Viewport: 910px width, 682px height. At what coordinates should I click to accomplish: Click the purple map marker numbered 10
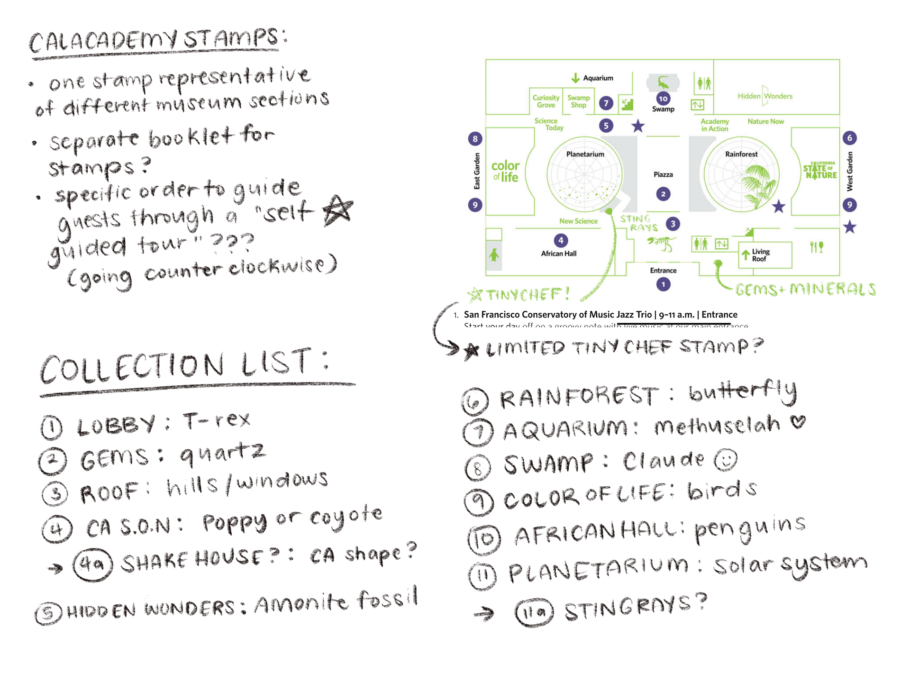[663, 99]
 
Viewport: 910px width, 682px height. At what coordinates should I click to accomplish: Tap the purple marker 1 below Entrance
[663, 284]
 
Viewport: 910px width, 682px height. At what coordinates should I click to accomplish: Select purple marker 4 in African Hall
[561, 240]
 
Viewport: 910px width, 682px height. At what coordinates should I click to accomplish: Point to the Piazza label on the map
[663, 174]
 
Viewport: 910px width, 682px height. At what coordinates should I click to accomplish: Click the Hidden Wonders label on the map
[764, 96]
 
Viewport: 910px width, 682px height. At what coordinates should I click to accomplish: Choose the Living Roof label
[760, 255]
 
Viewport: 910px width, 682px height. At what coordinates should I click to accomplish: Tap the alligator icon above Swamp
[663, 83]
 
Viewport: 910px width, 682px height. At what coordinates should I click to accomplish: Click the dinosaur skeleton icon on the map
[663, 244]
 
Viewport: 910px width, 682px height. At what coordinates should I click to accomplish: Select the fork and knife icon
[816, 246]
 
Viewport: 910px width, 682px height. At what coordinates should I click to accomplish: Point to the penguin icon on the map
[494, 255]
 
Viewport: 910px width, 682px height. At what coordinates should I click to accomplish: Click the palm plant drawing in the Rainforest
[758, 185]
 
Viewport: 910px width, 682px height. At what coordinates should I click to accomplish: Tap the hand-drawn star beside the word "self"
[338, 210]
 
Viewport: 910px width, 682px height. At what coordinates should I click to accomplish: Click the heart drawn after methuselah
[798, 422]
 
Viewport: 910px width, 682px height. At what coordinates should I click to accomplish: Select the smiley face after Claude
[726, 460]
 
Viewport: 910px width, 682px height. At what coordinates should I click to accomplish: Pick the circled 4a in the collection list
[93, 564]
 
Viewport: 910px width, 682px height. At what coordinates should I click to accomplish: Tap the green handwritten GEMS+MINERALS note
[805, 290]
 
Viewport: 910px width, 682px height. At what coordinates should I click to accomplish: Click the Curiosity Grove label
[546, 101]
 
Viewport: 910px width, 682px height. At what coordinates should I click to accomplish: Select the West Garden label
[850, 171]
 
